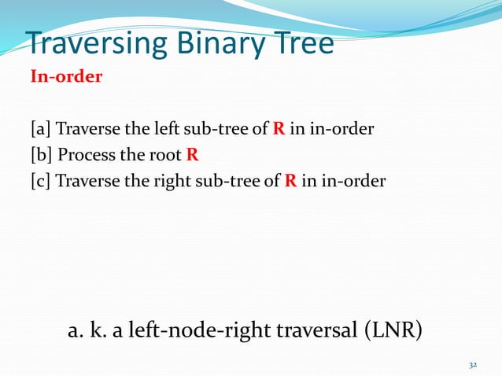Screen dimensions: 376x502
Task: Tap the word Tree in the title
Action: pyautogui.click(x=305, y=45)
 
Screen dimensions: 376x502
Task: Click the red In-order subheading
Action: pyautogui.click(x=65, y=79)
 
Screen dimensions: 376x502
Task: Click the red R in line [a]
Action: pyautogui.click(x=279, y=130)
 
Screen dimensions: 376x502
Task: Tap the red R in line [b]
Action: pyautogui.click(x=192, y=155)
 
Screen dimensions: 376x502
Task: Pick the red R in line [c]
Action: pyautogui.click(x=290, y=181)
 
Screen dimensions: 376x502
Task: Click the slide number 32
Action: pyautogui.click(x=473, y=365)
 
